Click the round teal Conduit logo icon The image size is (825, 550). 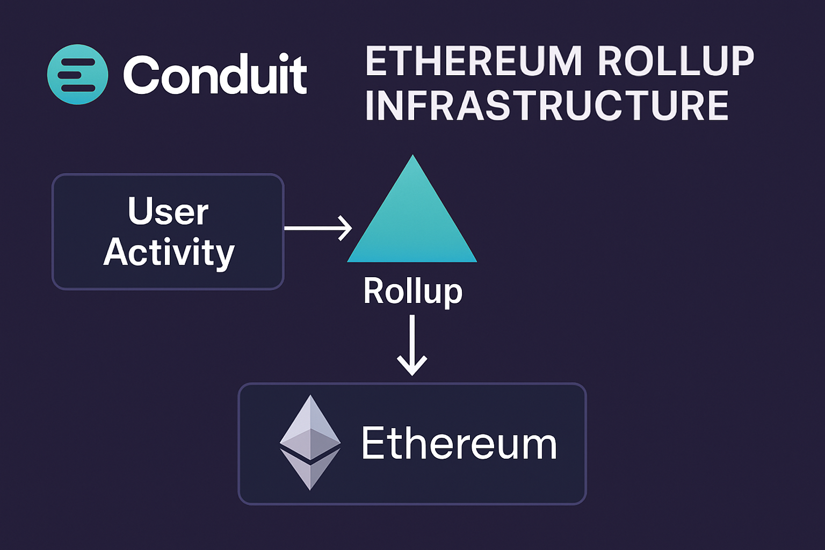(78, 75)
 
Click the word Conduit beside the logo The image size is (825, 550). (215, 75)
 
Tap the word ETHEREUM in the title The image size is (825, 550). (474, 61)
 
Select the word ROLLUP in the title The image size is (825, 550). (676, 61)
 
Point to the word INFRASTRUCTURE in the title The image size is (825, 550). (547, 106)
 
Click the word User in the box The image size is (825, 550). (168, 211)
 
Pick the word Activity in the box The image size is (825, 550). (169, 252)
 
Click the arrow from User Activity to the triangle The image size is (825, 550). (317, 228)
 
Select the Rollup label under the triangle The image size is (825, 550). (412, 291)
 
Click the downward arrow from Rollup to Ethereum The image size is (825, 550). (412, 344)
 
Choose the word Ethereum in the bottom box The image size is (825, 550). (459, 444)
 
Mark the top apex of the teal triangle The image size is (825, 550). (412, 157)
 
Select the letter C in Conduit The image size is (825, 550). (142, 75)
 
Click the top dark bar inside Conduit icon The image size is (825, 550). (76, 62)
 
